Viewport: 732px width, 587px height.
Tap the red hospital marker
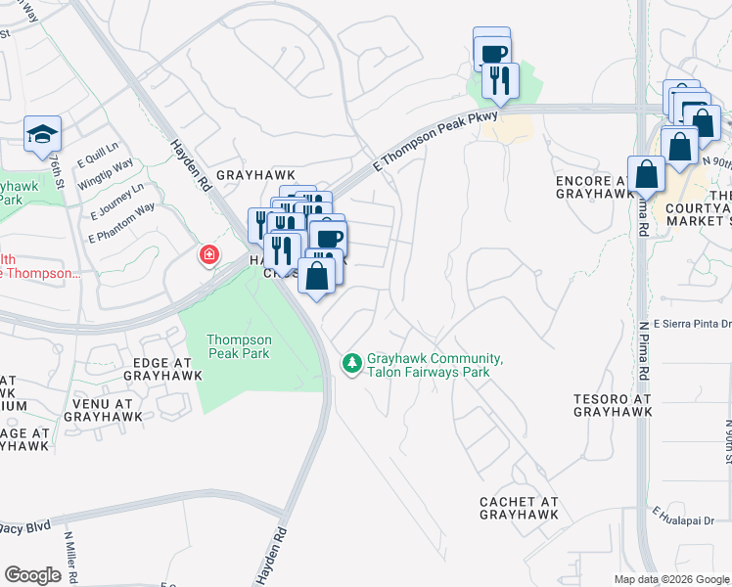pyautogui.click(x=208, y=256)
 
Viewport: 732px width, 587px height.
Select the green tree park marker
pyautogui.click(x=350, y=363)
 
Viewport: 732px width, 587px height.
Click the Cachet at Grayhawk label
pyautogui.click(x=519, y=508)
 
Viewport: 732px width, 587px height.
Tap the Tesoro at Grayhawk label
pyautogui.click(x=613, y=406)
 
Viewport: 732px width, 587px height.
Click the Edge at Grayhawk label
pyautogui.click(x=162, y=368)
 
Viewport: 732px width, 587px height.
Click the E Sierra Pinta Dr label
pyautogui.click(x=693, y=324)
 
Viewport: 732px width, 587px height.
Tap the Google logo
pyautogui.click(x=32, y=575)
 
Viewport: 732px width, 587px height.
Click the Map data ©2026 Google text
pyautogui.click(x=670, y=579)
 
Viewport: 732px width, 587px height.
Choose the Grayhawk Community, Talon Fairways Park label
pyautogui.click(x=435, y=365)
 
